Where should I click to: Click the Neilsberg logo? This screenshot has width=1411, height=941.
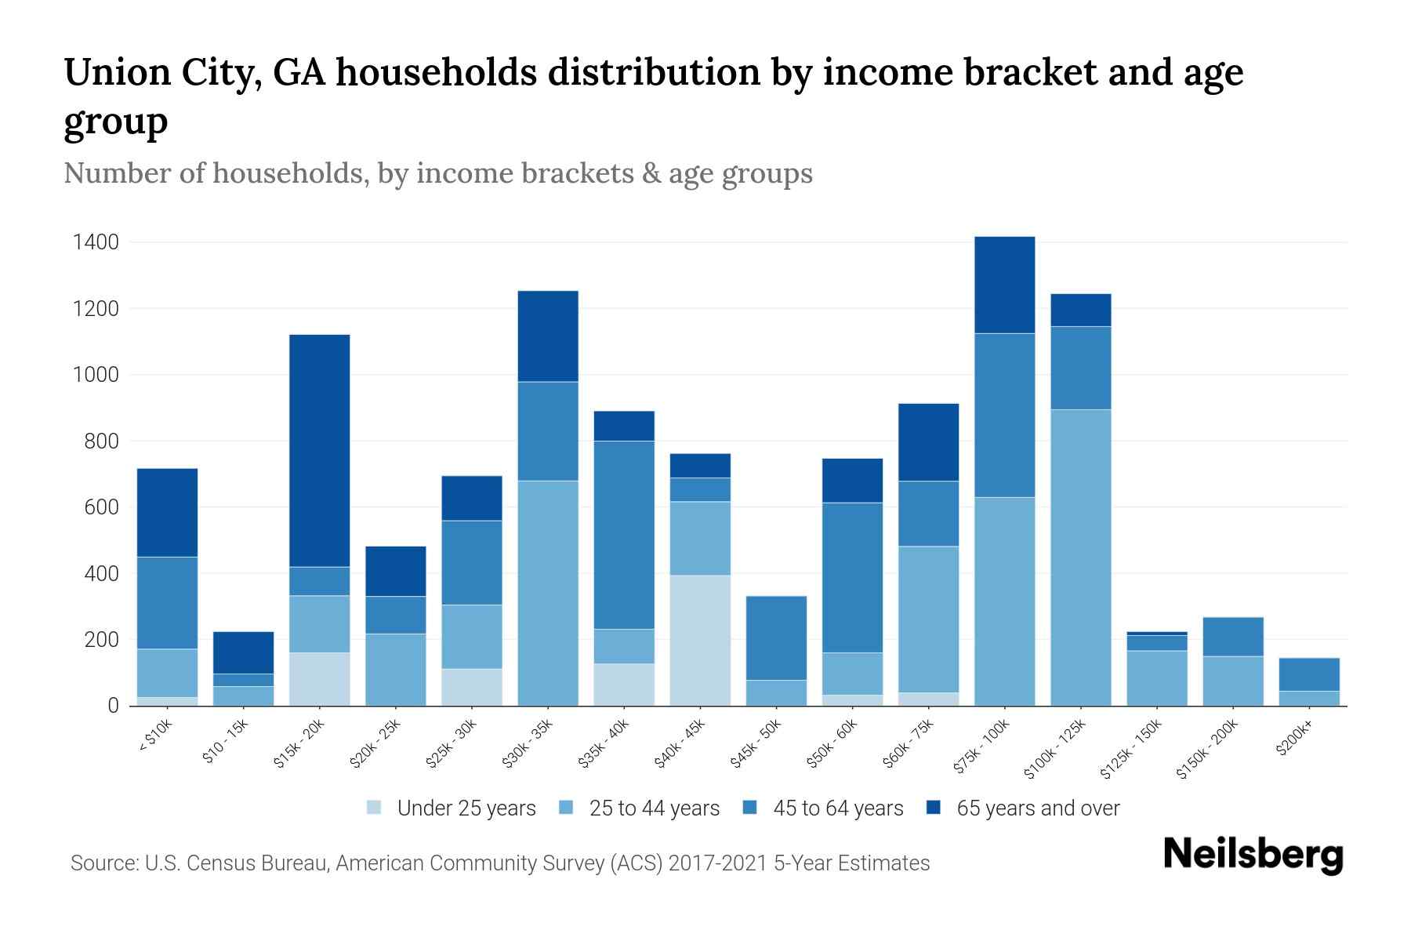[x=1253, y=855]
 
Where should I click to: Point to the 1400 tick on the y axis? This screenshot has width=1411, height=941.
[x=96, y=242]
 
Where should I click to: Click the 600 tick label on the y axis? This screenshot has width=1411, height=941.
[x=101, y=507]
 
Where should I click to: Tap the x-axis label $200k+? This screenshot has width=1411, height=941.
[x=1294, y=740]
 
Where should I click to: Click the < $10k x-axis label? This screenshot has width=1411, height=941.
[x=155, y=737]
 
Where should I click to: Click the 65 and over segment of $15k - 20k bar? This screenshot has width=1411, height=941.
[x=319, y=451]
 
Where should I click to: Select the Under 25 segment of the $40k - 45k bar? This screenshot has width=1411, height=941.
[x=700, y=640]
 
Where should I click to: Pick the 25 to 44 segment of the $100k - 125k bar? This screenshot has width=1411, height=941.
[x=1080, y=557]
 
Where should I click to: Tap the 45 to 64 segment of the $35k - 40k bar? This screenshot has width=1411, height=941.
[x=624, y=535]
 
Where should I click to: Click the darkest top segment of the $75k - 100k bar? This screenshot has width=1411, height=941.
[x=1004, y=285]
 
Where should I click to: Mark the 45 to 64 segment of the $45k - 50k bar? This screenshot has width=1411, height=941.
[x=776, y=638]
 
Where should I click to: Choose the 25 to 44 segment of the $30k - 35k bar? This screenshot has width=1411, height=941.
[x=548, y=593]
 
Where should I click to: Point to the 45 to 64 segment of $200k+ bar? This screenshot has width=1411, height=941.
[x=1308, y=674]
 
